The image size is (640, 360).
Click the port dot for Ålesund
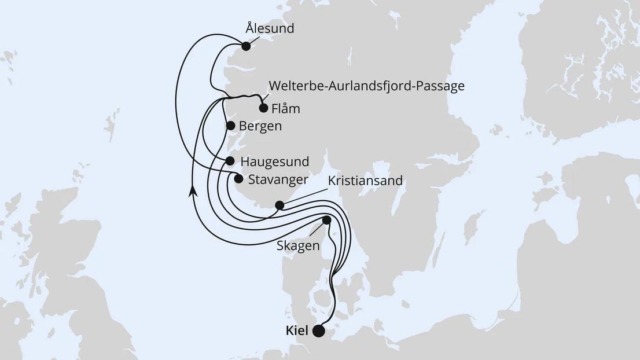[246, 46]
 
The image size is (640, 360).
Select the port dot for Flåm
[263, 108]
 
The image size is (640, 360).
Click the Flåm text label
[285, 108]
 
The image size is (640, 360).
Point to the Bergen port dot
[230, 126]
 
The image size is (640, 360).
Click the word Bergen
[260, 126]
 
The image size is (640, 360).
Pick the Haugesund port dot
[230, 161]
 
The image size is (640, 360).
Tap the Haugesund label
[274, 161]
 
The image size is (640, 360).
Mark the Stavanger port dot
[238, 179]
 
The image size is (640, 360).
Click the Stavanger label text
[277, 179]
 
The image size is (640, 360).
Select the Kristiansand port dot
[279, 205]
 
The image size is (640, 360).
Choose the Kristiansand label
[365, 181]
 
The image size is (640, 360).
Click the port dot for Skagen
[326, 220]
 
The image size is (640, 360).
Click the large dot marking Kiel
[318, 331]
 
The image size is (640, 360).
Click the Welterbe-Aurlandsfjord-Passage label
[366, 86]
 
